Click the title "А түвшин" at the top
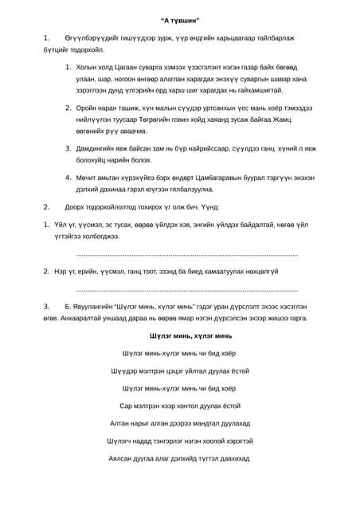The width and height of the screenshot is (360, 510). [179, 18]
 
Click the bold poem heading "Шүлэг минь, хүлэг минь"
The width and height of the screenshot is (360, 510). [179, 336]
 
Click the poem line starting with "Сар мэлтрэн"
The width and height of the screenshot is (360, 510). [179, 406]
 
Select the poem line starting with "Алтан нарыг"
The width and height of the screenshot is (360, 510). [179, 423]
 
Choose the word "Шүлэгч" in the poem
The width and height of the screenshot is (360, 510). [122, 441]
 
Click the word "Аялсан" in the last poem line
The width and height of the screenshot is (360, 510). [121, 458]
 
